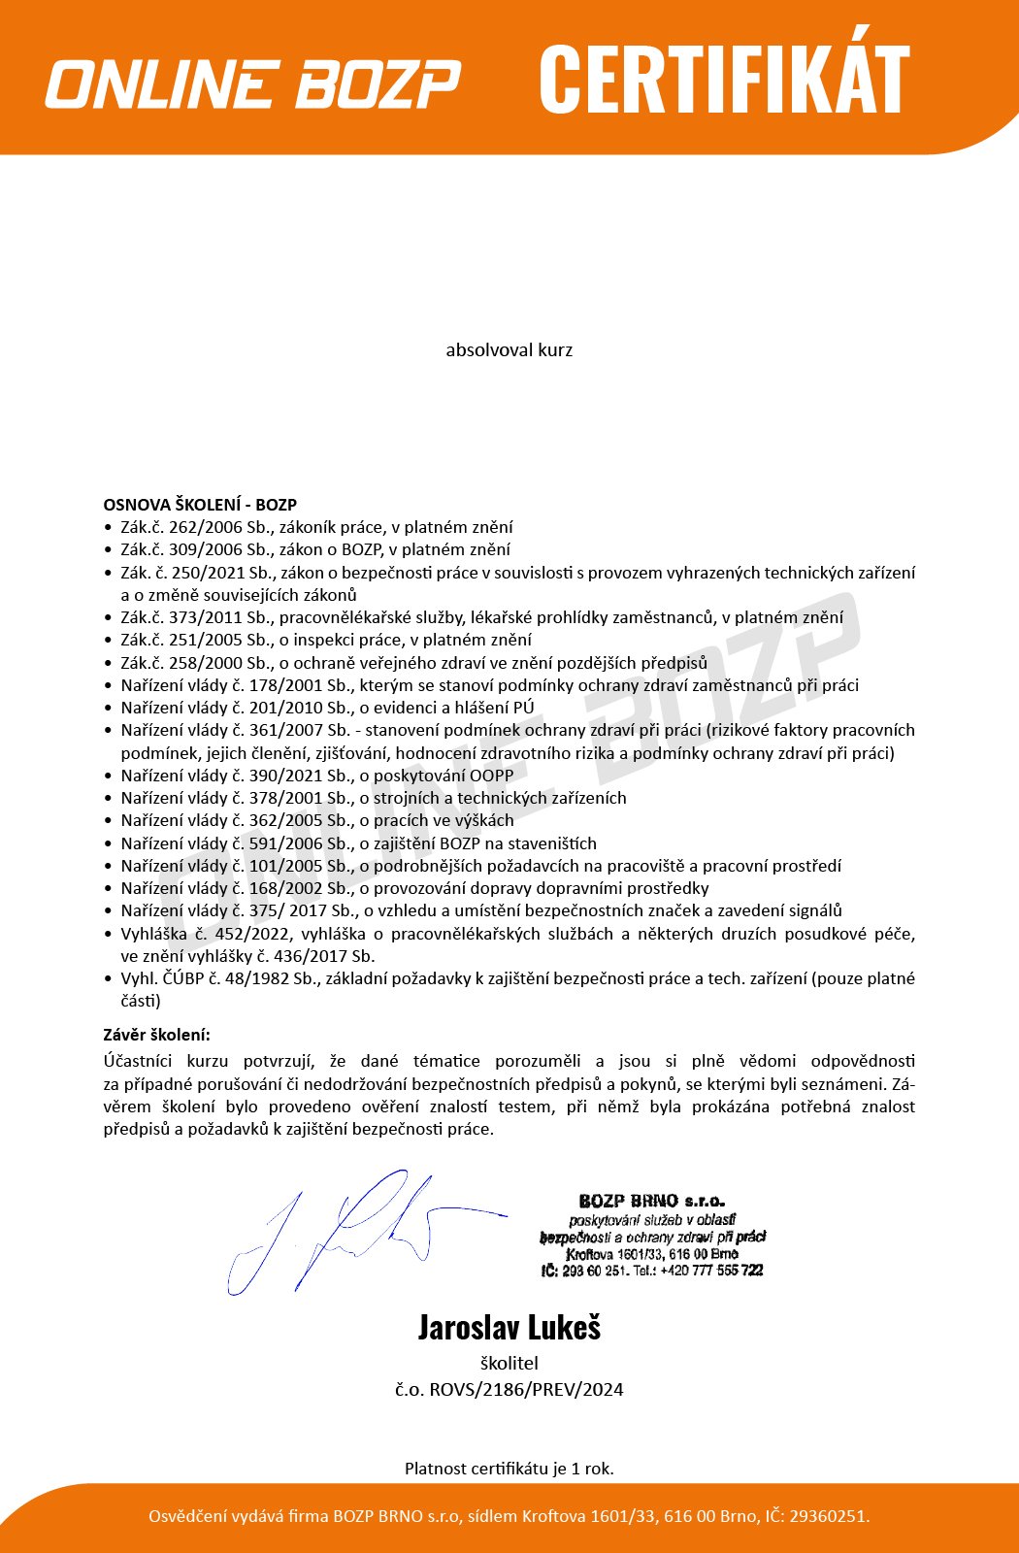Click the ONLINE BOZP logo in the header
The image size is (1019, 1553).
click(252, 83)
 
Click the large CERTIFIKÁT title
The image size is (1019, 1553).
click(724, 80)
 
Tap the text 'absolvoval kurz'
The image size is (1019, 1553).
click(509, 349)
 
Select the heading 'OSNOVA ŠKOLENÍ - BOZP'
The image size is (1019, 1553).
click(200, 505)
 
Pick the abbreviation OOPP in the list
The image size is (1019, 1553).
click(491, 776)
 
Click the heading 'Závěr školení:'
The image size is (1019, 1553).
click(156, 1035)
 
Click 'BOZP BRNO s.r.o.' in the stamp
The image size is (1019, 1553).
click(651, 1202)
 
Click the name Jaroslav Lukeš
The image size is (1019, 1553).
click(509, 1327)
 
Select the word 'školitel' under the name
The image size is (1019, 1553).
click(509, 1363)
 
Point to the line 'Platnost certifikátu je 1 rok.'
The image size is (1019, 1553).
click(509, 1469)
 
